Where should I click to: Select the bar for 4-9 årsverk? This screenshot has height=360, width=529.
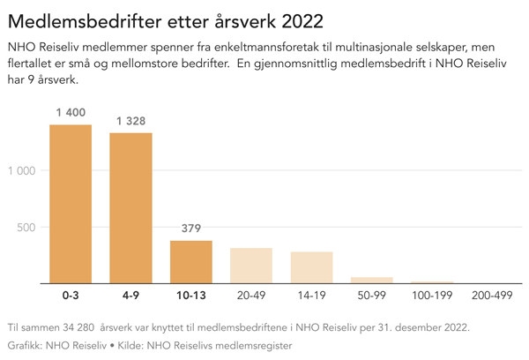click(130, 208)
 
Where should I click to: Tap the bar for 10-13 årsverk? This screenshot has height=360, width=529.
click(191, 262)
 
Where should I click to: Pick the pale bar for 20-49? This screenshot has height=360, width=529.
click(251, 266)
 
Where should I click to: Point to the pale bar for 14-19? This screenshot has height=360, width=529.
click(312, 267)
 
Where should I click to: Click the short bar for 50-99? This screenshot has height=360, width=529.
click(372, 280)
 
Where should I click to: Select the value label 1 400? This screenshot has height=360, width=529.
click(71, 113)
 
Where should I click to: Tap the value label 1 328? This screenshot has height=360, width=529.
click(130, 121)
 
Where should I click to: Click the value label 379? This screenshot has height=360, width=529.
click(191, 229)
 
